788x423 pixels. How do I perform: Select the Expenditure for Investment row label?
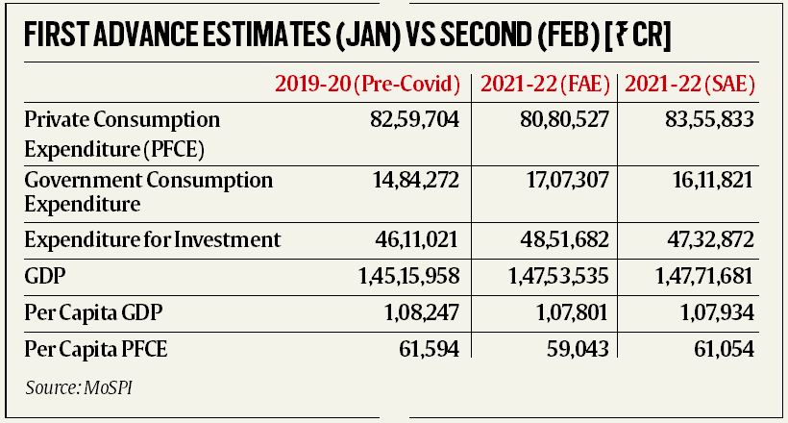pyautogui.click(x=152, y=239)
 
